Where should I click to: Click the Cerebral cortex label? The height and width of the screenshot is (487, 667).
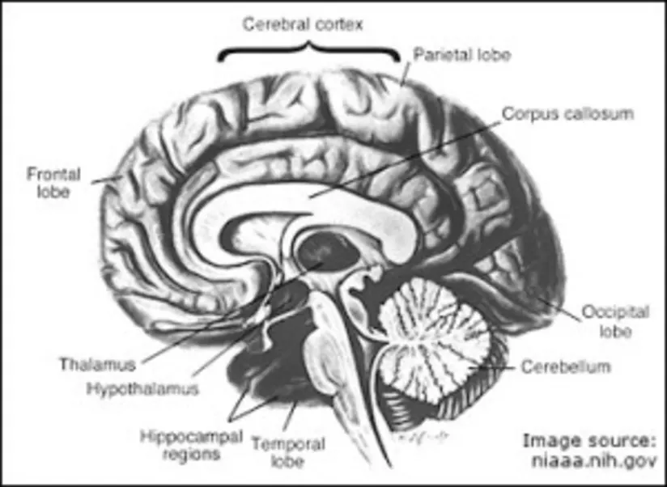click(304, 23)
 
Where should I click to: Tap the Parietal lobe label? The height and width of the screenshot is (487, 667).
click(462, 55)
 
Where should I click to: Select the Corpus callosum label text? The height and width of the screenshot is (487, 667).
click(567, 113)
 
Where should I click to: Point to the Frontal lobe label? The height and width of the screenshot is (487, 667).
click(48, 182)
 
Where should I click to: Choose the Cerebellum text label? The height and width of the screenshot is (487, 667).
click(565, 366)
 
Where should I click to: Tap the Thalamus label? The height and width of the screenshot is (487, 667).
click(97, 363)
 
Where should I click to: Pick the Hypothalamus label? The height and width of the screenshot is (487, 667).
click(142, 387)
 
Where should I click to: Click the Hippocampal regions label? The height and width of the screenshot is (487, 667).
click(191, 444)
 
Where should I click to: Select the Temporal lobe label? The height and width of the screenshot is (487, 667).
click(288, 452)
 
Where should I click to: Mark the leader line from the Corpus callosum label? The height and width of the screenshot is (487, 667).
click(405, 154)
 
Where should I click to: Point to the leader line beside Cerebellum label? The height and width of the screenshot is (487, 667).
click(498, 367)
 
